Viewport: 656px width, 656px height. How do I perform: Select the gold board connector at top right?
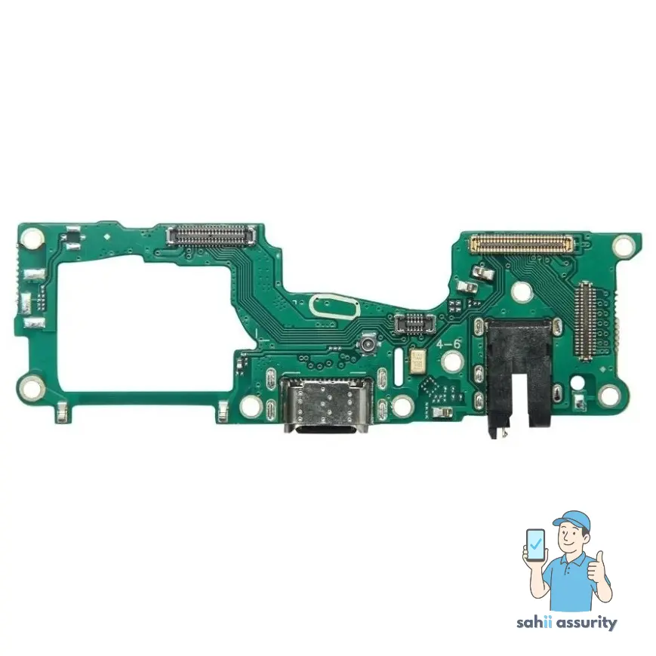(x=520, y=243)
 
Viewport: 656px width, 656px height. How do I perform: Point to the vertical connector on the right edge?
(x=586, y=319)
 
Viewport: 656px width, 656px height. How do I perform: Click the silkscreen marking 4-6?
(x=450, y=343)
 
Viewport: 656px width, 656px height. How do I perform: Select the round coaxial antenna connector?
(x=369, y=345)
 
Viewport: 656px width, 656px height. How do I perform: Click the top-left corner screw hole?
(x=32, y=240)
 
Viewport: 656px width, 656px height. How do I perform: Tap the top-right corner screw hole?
(x=624, y=245)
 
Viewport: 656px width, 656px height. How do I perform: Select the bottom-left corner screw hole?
(x=32, y=389)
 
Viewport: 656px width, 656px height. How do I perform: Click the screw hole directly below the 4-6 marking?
(x=451, y=364)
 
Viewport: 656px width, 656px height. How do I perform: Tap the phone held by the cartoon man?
(x=535, y=544)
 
